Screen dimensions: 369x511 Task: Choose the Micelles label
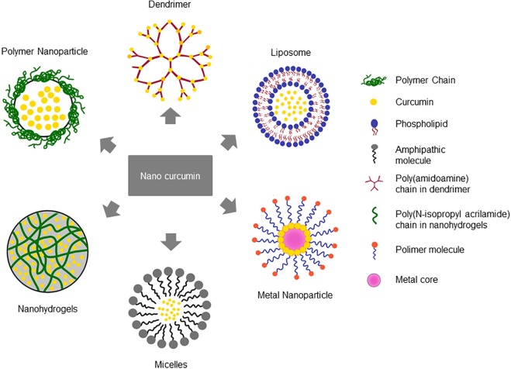pos(170,362)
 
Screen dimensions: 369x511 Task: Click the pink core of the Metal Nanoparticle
pos(293,238)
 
